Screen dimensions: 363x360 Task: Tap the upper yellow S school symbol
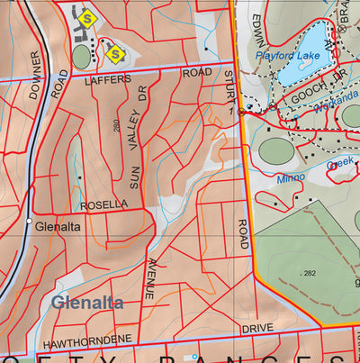86,17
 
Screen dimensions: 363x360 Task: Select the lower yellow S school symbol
115,54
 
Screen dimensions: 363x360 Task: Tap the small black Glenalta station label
58,227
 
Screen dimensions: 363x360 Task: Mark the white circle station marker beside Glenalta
30,221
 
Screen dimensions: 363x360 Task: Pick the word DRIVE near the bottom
256,329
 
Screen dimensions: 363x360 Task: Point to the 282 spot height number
310,273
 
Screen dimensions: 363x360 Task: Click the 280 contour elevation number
118,124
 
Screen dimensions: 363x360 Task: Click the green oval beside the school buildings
81,57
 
